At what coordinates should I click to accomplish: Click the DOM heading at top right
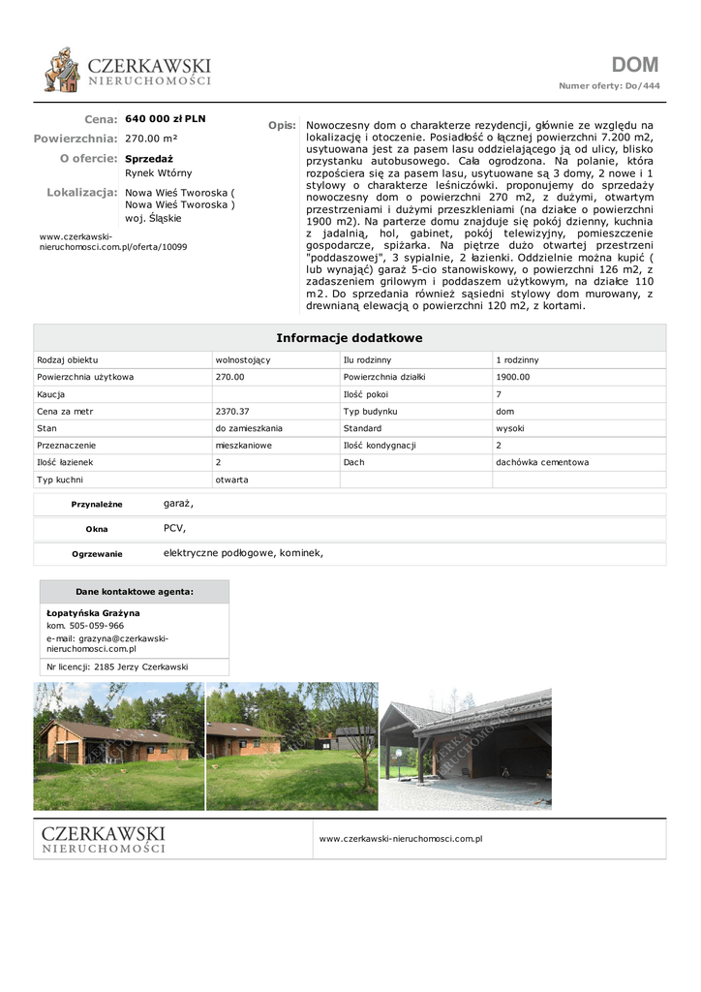point(634,65)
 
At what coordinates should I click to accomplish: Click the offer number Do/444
point(642,86)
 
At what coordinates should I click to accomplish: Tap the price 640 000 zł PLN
point(166,119)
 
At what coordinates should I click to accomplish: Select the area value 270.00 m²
point(151,139)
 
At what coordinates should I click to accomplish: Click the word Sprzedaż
point(149,158)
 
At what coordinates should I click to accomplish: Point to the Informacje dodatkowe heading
point(350,338)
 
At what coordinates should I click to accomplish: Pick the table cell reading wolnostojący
point(242,359)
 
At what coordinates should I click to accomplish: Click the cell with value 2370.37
point(232,411)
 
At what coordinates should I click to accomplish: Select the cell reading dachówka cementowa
point(541,462)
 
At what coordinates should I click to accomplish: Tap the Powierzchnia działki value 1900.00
point(512,377)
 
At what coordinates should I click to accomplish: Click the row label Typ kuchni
point(60,480)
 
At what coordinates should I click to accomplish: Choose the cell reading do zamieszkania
point(249,428)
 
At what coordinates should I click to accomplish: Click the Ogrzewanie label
point(97,554)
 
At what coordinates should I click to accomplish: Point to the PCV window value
point(174,528)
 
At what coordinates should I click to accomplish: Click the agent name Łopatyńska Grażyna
point(93,613)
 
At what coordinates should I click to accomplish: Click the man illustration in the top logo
point(63,69)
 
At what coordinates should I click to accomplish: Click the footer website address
point(400,838)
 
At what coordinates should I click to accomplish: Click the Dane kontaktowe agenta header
point(134,592)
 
